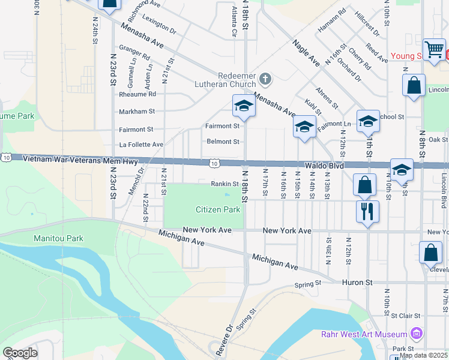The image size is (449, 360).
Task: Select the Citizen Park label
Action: (x=218, y=209)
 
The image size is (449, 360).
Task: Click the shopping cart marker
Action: (x=434, y=50)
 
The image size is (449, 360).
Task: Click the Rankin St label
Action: (x=225, y=184)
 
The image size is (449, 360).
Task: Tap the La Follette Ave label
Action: (x=141, y=145)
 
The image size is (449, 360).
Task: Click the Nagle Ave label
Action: (x=306, y=53)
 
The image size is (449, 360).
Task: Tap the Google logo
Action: (x=20, y=353)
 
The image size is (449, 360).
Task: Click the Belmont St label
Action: (x=223, y=142)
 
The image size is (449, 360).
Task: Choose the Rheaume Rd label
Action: (x=137, y=94)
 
